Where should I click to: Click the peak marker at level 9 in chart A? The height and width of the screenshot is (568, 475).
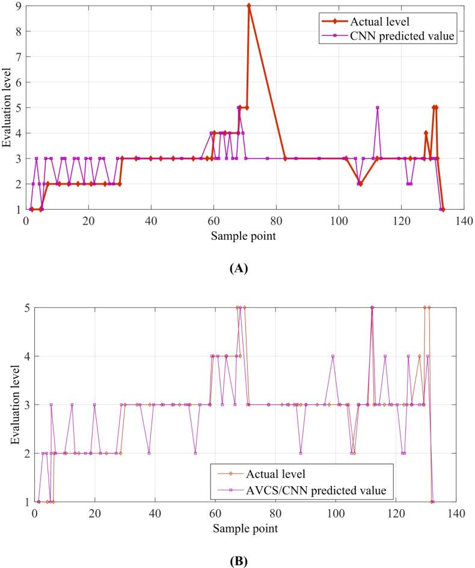click(x=249, y=5)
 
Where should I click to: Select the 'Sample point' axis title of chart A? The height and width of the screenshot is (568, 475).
click(x=244, y=235)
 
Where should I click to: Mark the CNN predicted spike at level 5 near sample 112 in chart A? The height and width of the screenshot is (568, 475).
click(x=377, y=108)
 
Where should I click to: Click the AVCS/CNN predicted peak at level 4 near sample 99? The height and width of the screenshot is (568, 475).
click(x=332, y=356)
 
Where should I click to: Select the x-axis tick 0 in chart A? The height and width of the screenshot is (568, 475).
click(x=26, y=219)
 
